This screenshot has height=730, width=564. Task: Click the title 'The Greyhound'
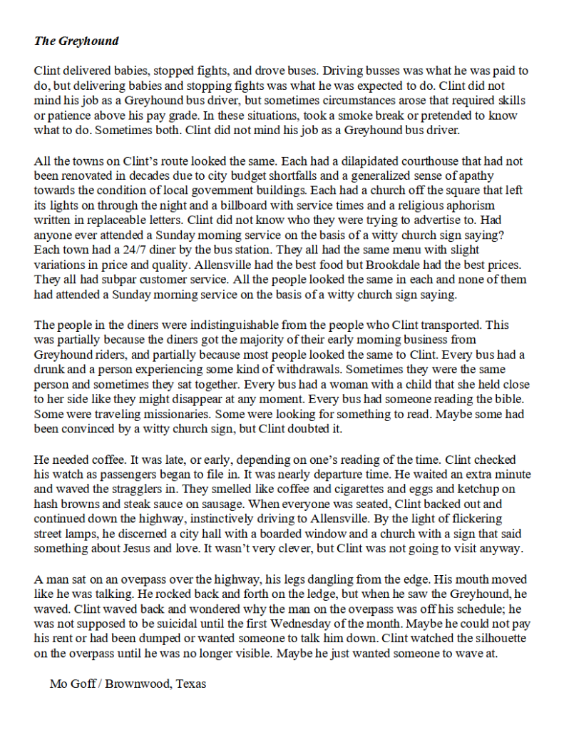[x=76, y=41]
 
